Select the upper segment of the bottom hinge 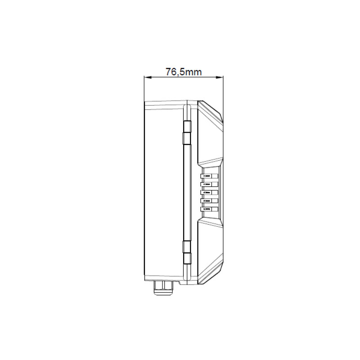tap(187, 246)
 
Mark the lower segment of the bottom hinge tap(187, 258)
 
